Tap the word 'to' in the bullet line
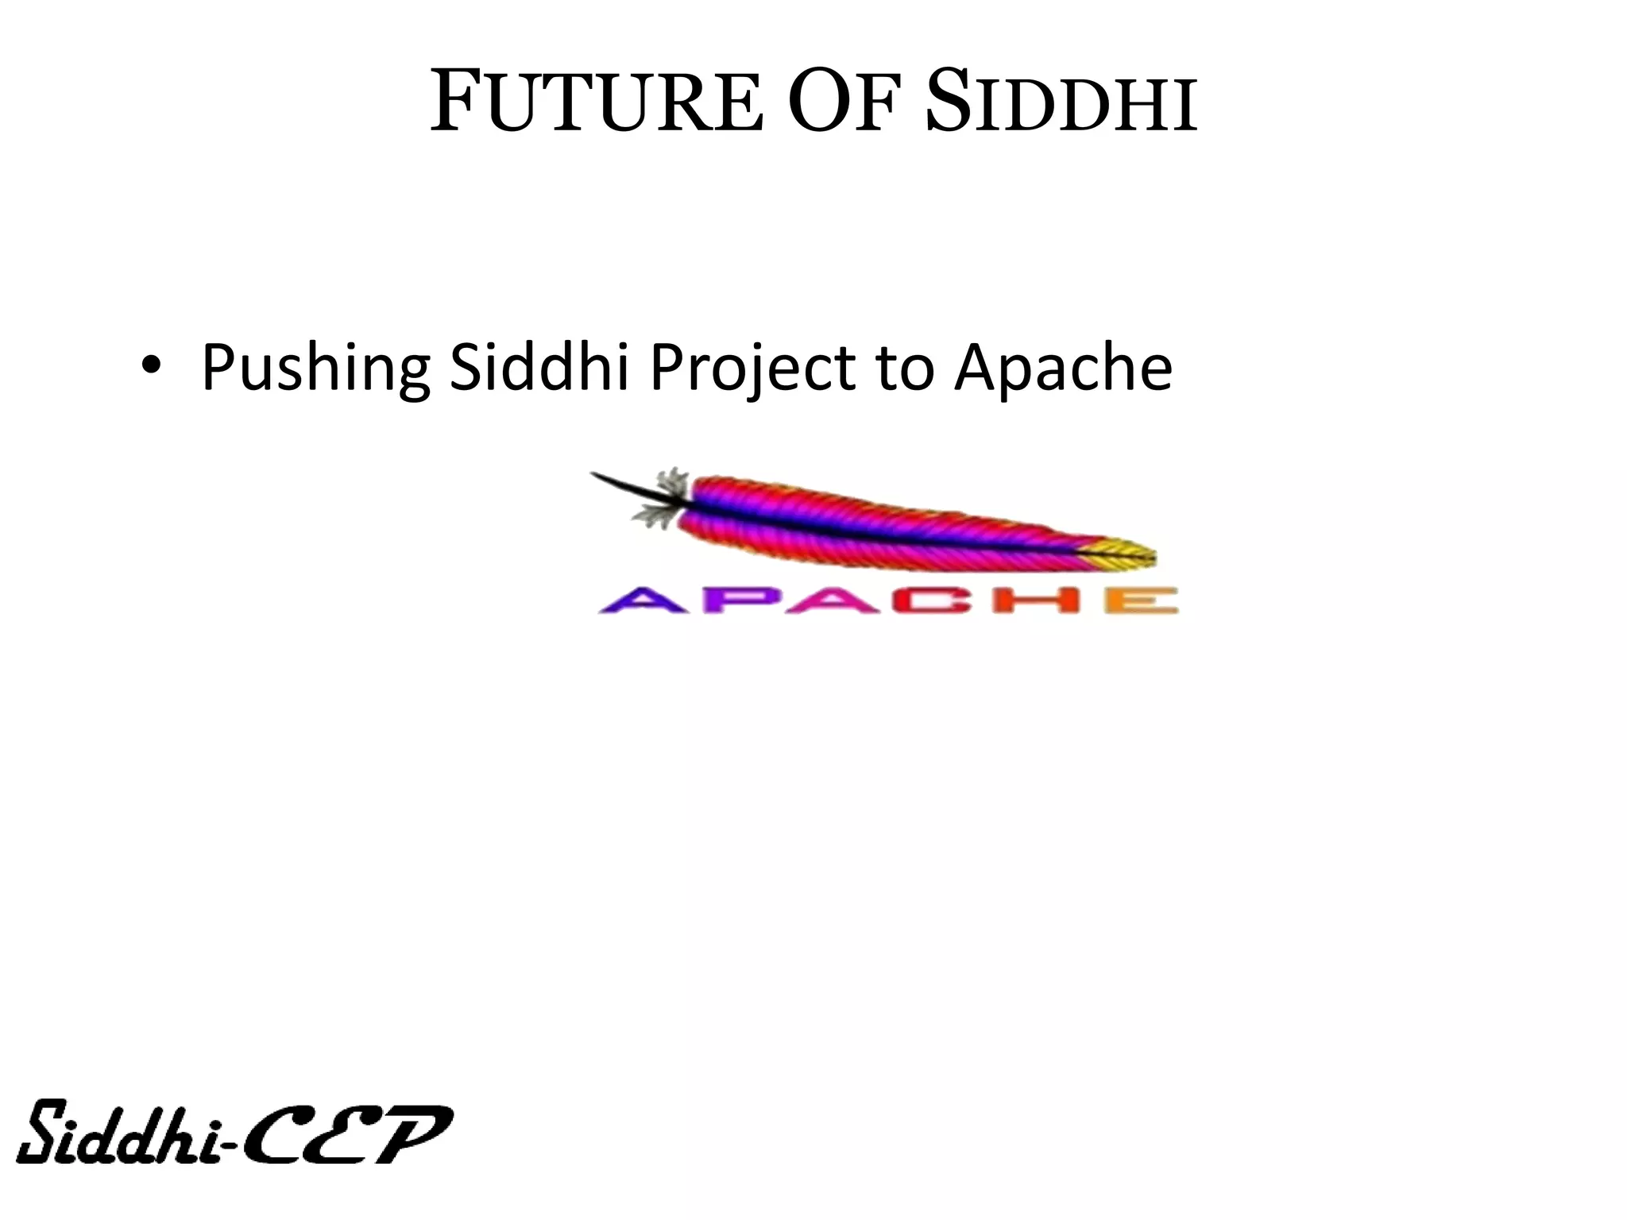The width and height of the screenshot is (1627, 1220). (904, 369)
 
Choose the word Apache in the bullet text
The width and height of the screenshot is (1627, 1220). (1063, 369)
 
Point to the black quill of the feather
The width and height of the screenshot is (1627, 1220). (628, 487)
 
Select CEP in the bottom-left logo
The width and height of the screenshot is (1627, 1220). (350, 1133)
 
